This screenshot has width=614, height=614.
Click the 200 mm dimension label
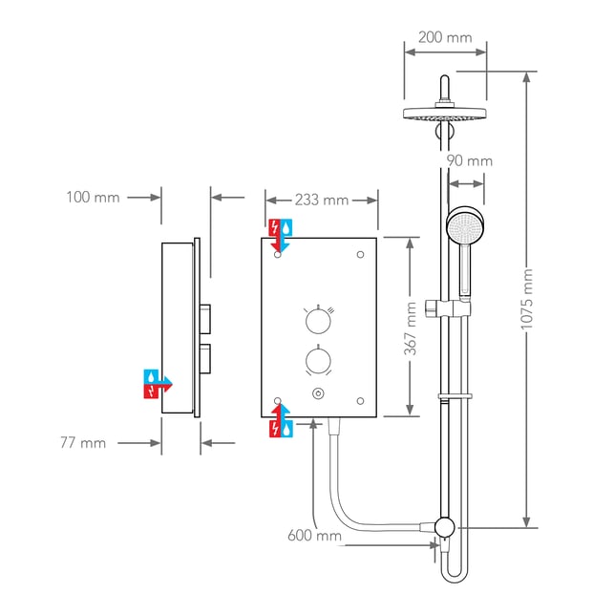(x=445, y=37)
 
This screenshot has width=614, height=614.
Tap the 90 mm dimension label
(x=470, y=161)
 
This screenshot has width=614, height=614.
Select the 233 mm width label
(x=322, y=201)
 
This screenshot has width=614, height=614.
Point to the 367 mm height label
(x=410, y=328)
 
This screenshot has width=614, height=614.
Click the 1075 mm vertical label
(x=527, y=299)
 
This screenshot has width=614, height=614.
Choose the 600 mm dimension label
(x=314, y=536)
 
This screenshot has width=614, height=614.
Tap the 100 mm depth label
(x=93, y=197)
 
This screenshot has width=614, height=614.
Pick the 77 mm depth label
(x=83, y=443)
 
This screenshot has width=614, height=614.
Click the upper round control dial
(x=318, y=321)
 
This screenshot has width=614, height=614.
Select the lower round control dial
(x=318, y=360)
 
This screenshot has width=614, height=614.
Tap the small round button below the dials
(x=318, y=393)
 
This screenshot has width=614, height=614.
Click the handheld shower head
(x=466, y=226)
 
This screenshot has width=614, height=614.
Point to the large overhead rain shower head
(x=445, y=114)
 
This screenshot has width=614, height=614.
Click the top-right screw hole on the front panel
(x=360, y=255)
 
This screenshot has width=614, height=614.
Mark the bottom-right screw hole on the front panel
(x=360, y=401)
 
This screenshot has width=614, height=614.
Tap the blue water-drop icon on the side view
(x=151, y=376)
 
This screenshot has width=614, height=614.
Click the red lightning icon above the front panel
(x=274, y=227)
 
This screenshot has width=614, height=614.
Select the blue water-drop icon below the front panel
(x=286, y=429)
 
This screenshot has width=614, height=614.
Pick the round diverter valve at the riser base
(x=444, y=527)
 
